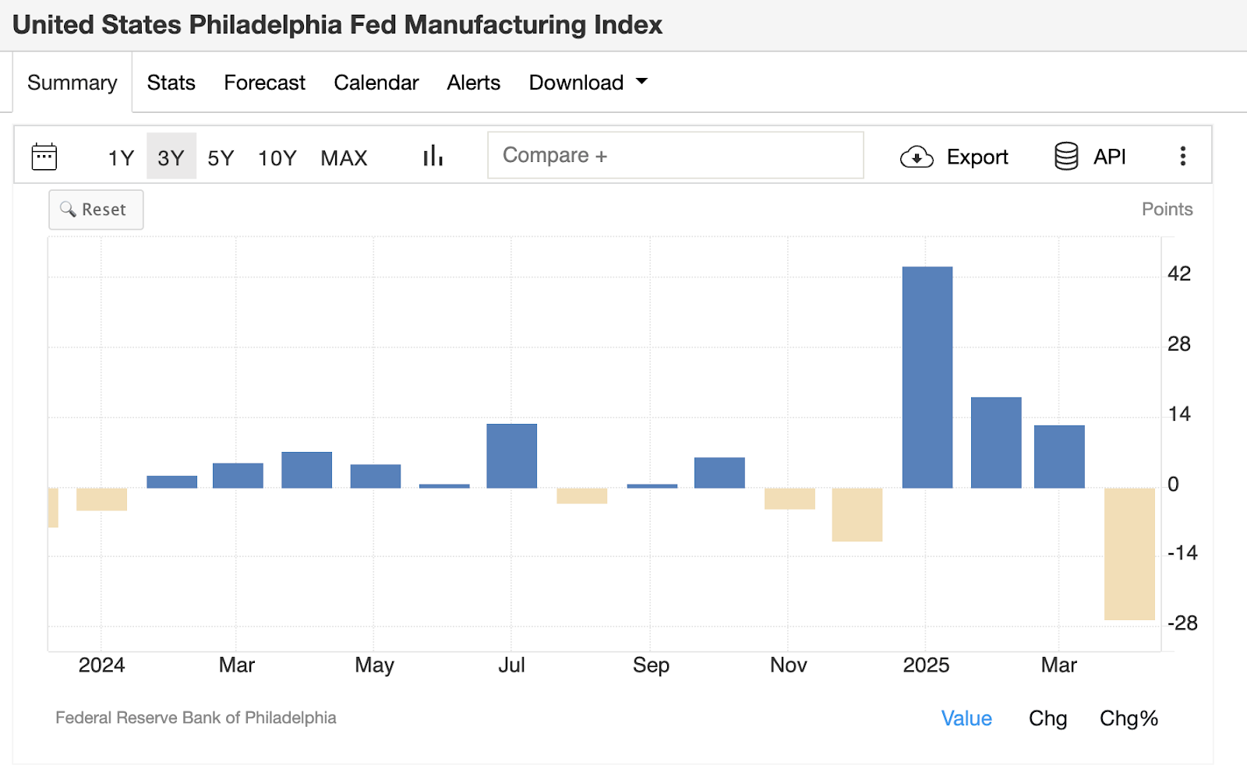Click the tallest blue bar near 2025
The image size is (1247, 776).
click(x=927, y=377)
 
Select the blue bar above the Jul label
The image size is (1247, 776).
click(x=511, y=456)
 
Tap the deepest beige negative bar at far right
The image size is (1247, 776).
click(x=1129, y=554)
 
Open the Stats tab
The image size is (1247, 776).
click(x=171, y=83)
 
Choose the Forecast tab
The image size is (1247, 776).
click(x=264, y=83)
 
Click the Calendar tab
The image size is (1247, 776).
click(x=376, y=83)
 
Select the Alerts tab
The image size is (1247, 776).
click(x=473, y=83)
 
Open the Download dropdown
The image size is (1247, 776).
click(x=588, y=83)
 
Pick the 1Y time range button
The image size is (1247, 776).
click(x=121, y=158)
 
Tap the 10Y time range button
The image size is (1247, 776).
click(x=277, y=158)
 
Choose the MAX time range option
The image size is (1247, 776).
click(x=344, y=158)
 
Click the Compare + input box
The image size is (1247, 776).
click(x=675, y=155)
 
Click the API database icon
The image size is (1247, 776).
click(x=1066, y=157)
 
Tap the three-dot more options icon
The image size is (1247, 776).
click(x=1182, y=157)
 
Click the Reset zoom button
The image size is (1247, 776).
click(x=96, y=210)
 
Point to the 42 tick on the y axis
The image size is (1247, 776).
click(x=1178, y=273)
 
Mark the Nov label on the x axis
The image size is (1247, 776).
click(x=788, y=665)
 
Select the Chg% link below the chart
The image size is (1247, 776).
click(x=1128, y=718)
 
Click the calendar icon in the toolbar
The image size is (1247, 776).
click(x=44, y=157)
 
